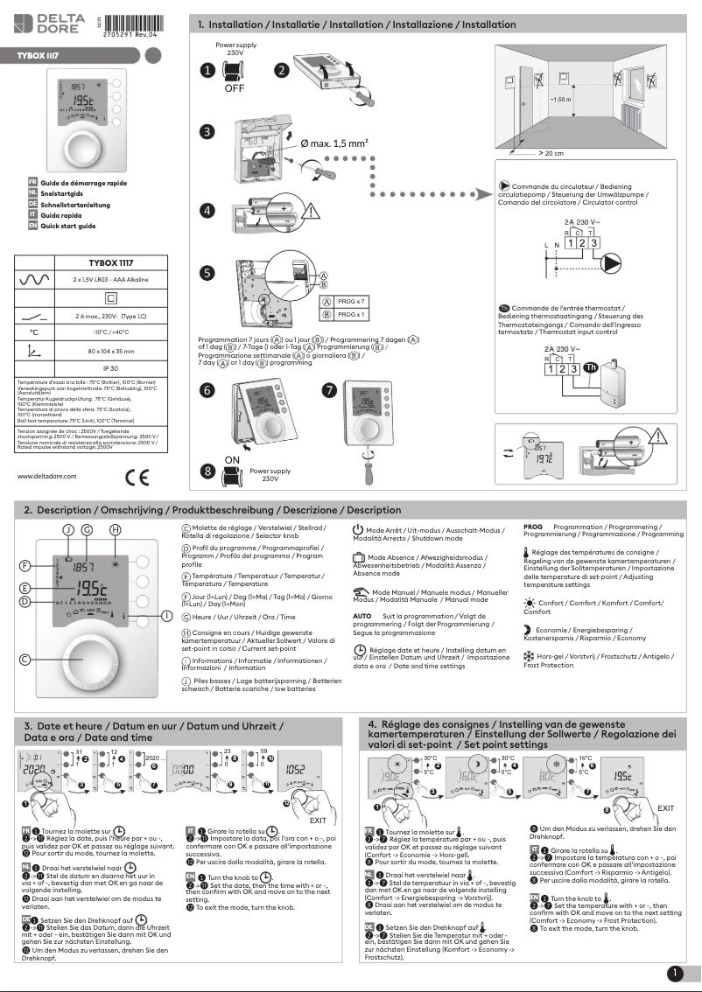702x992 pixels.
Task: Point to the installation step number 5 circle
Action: [x=207, y=273]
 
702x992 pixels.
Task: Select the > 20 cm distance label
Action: [x=551, y=153]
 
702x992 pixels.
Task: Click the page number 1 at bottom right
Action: [x=675, y=973]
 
